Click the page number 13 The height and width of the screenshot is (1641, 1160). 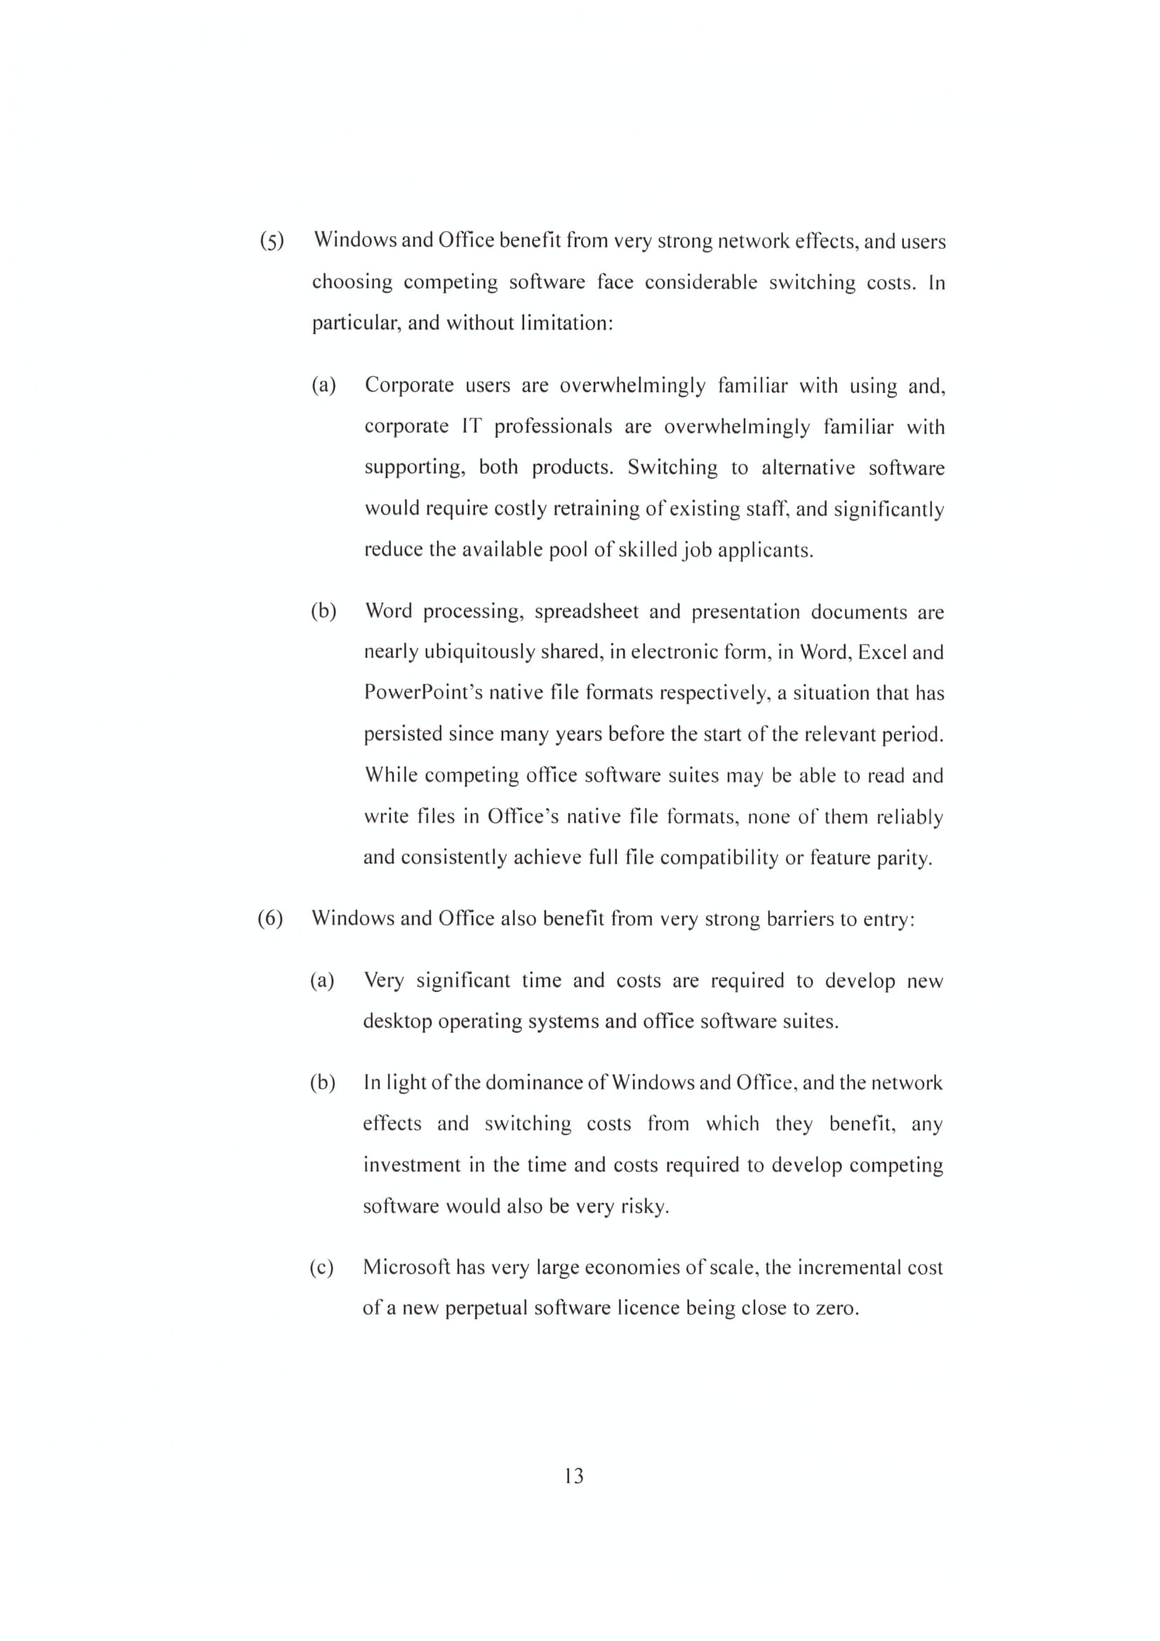click(x=573, y=1475)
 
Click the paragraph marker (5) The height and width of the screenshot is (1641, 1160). click(x=272, y=241)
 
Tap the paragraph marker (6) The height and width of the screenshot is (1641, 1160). click(x=270, y=918)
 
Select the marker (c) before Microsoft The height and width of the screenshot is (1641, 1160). click(x=321, y=1267)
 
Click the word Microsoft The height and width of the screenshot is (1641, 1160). click(x=406, y=1266)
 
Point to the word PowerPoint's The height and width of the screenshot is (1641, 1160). click(x=423, y=692)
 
